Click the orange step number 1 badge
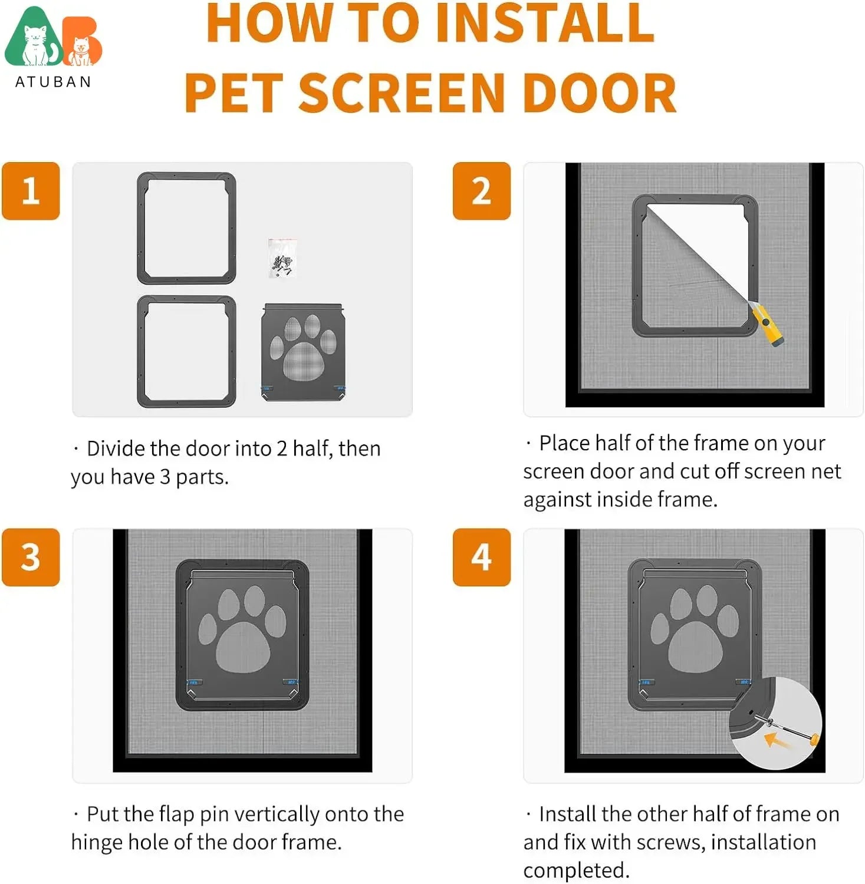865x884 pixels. click(x=31, y=191)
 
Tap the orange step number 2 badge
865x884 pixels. click(x=481, y=191)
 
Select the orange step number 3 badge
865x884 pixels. click(x=31, y=557)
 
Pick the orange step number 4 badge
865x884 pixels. click(x=481, y=557)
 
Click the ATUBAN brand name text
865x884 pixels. click(x=53, y=82)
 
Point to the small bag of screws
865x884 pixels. click(x=282, y=258)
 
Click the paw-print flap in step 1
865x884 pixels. click(x=304, y=352)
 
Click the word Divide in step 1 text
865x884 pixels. click(x=117, y=448)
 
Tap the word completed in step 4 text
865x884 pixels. click(x=576, y=870)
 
